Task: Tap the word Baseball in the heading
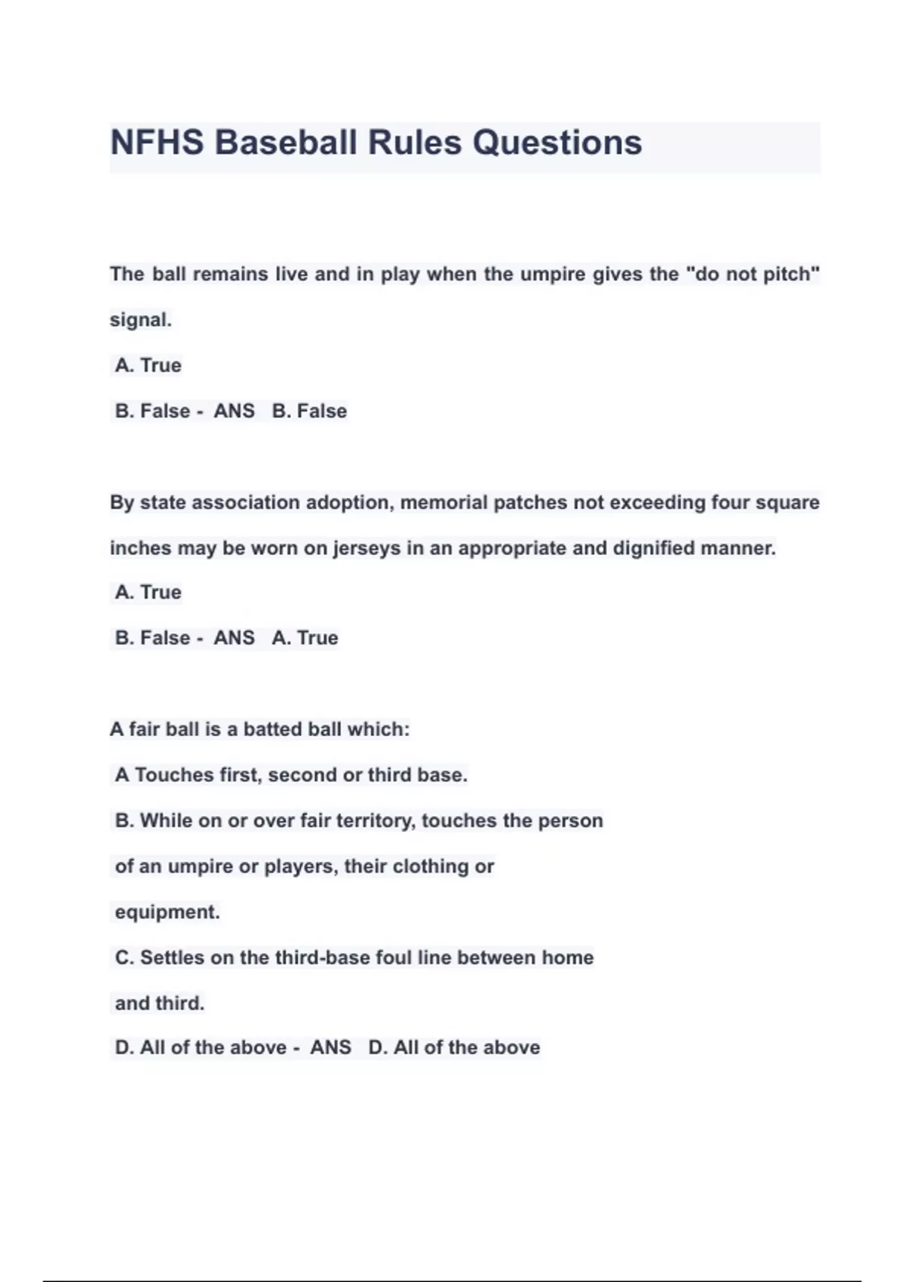click(x=286, y=143)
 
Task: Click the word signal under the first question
click(x=140, y=320)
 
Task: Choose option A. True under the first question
click(x=148, y=366)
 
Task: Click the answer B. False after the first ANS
click(x=309, y=411)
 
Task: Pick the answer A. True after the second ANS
click(x=305, y=638)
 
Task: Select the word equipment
click(x=167, y=912)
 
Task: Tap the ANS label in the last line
click(x=330, y=1047)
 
